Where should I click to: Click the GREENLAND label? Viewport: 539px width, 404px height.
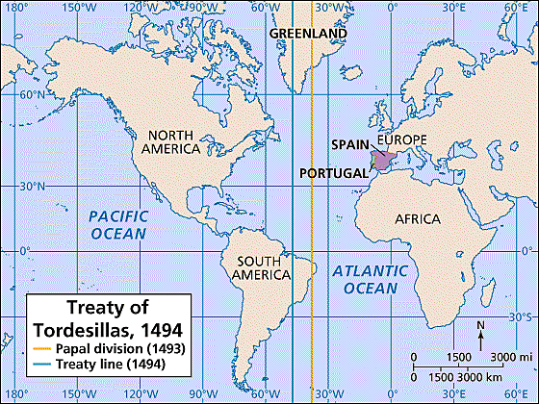point(307,33)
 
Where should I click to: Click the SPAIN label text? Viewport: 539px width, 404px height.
point(348,144)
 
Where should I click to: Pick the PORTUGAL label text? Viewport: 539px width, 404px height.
point(333,173)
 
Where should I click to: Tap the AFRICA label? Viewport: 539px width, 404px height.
point(418,219)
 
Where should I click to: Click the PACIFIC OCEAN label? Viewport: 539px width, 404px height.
point(119,224)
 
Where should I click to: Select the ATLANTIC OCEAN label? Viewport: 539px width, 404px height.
point(365,280)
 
